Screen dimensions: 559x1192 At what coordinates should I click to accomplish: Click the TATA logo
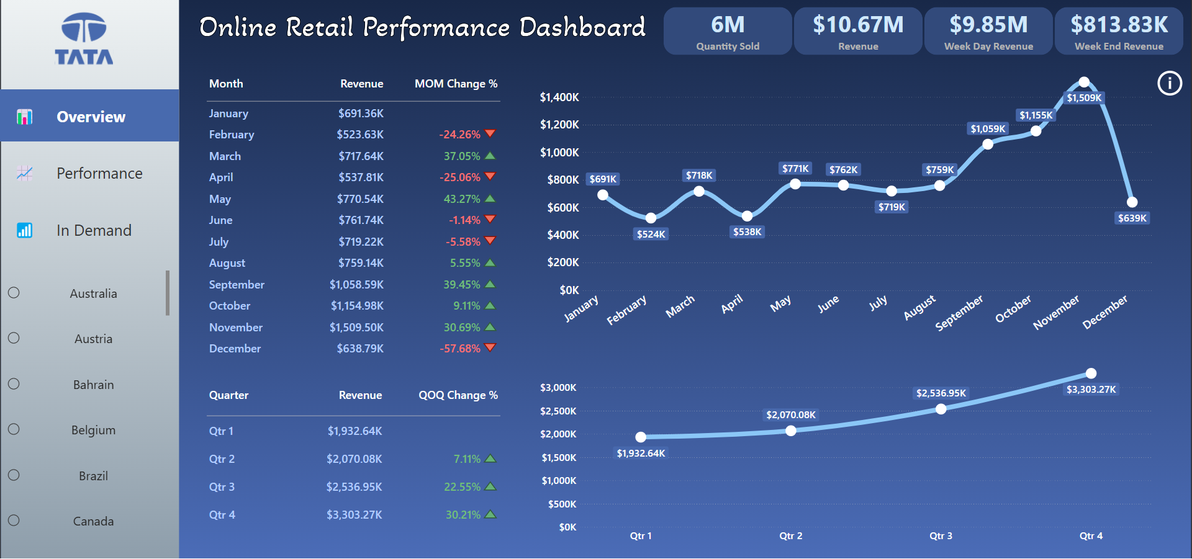(84, 38)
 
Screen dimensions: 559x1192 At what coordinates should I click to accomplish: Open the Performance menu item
(99, 173)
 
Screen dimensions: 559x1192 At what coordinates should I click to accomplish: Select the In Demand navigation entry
(94, 230)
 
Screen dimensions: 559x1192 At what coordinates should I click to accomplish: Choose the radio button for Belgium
(14, 429)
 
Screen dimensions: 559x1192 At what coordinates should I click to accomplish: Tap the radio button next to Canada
(14, 521)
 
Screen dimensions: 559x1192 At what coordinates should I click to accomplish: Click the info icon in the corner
(1170, 83)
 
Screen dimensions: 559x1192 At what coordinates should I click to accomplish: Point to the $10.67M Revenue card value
(858, 25)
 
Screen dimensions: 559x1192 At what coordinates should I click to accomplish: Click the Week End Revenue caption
(1119, 47)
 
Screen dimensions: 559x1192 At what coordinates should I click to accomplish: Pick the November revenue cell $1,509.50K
(356, 327)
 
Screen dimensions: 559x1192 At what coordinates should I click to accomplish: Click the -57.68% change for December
(460, 349)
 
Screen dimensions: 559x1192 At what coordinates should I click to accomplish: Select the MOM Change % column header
(456, 84)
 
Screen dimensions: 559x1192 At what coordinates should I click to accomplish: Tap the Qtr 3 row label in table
(222, 487)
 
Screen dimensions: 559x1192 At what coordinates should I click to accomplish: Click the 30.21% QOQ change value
(463, 515)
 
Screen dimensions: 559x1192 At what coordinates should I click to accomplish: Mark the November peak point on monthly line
(1084, 82)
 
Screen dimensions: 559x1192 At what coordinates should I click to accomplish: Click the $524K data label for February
(651, 234)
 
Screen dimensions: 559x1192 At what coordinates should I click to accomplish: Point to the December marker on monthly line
(1132, 202)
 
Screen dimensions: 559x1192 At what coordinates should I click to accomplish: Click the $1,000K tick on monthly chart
(559, 153)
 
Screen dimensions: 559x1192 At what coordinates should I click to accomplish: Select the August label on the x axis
(919, 307)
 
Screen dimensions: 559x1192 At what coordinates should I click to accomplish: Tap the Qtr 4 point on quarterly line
(1091, 373)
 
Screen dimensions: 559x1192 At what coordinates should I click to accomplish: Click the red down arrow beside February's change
(490, 134)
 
